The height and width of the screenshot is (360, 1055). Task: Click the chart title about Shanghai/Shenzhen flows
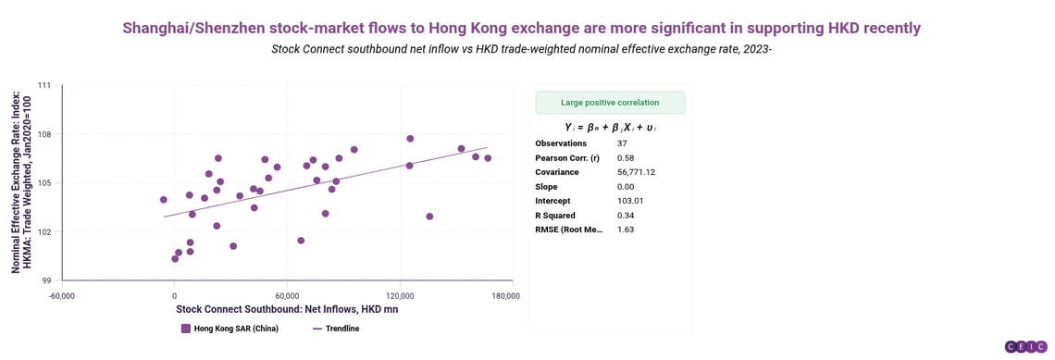coord(521,28)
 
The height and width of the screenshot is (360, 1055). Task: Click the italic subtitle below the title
coord(521,49)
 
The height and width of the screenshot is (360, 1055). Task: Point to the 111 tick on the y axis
coord(43,85)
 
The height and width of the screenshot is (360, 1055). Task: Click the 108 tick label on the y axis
coord(43,134)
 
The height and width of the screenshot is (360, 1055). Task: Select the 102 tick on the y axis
coord(43,231)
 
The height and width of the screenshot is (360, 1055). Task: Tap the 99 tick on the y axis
coord(45,280)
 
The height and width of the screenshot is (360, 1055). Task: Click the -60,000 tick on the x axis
coord(61,296)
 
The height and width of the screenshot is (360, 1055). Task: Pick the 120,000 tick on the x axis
coord(400,296)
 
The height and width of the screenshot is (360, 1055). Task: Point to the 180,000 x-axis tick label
coord(505,296)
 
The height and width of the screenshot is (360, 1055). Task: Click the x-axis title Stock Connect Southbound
coord(287,309)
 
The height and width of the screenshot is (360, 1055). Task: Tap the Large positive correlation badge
coord(610,103)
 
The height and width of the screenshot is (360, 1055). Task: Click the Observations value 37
coord(623,143)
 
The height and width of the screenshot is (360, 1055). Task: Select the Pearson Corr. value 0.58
coord(626,158)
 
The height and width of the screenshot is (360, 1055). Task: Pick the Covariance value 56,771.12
coord(636,172)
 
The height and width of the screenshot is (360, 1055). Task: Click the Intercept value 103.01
coord(629,201)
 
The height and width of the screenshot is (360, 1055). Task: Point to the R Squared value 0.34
coord(626,215)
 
